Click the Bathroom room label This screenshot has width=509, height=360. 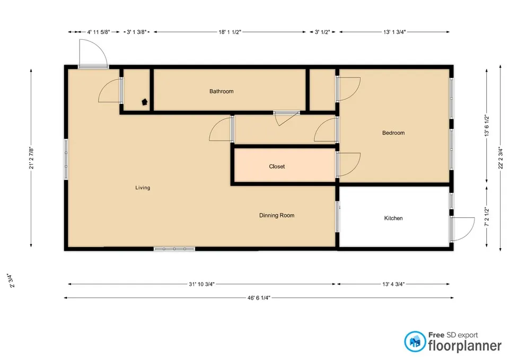[222, 91]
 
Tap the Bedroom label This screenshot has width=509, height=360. [393, 133]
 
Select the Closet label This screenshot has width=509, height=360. [277, 166]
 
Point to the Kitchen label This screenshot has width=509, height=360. [393, 218]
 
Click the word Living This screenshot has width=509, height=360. [143, 188]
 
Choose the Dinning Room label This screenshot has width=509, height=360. [277, 215]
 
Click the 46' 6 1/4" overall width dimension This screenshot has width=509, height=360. [259, 297]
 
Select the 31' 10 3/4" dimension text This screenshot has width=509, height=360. [201, 284]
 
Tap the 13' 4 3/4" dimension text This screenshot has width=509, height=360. [393, 284]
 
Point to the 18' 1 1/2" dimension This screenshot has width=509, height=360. [230, 32]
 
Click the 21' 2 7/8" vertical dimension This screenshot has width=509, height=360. [31, 158]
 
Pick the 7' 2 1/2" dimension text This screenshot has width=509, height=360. [487, 216]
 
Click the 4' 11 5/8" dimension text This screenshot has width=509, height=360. [99, 32]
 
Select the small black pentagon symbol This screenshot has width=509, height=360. [145, 102]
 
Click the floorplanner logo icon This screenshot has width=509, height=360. [415, 341]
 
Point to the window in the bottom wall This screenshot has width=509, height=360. [174, 249]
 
